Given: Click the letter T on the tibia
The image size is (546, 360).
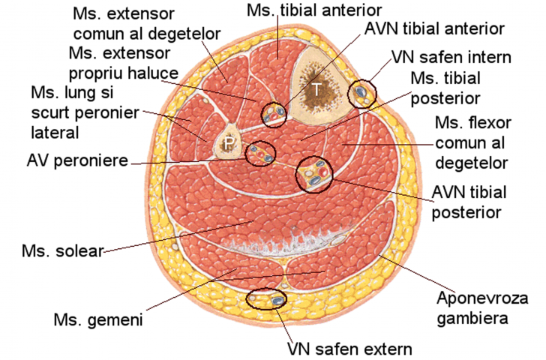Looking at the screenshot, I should [318, 88].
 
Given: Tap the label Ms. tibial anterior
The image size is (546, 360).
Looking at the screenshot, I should [314, 10].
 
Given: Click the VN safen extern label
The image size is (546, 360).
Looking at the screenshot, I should [349, 349].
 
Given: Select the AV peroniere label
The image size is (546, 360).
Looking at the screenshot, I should [76, 160].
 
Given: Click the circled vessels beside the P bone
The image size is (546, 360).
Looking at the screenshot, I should [262, 154].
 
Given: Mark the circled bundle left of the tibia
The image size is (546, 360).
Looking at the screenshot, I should [274, 113].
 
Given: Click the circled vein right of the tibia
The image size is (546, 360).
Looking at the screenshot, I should [364, 93].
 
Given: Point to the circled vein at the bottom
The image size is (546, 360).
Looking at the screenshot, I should [267, 299].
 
